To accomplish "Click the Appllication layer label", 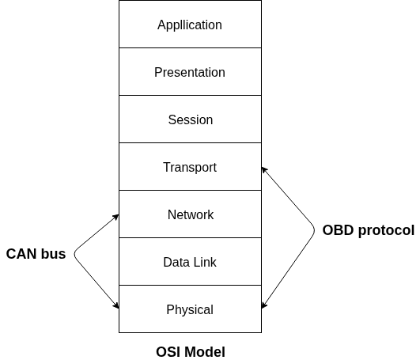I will click(190, 25).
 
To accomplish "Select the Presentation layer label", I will click(190, 72).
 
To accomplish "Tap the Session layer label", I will click(190, 119).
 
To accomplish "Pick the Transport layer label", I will click(190, 167).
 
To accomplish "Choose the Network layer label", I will click(190, 214).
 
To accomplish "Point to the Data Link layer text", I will click(190, 262).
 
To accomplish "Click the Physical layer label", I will click(190, 309).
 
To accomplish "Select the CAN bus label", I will click(36, 254).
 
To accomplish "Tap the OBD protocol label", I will click(368, 230).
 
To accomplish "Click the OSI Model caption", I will click(190, 352).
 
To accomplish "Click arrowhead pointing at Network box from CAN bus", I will click(115, 217).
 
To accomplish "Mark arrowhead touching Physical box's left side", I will click(115, 305).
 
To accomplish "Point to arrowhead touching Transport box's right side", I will click(265, 169).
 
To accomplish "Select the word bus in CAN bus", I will click(52, 254).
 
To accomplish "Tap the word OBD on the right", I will click(336, 230).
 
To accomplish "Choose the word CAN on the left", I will click(21, 254).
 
